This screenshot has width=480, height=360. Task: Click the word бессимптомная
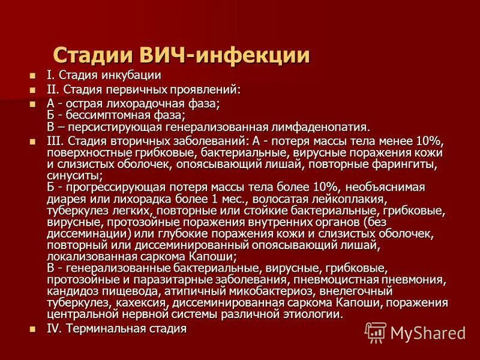[x=106, y=115]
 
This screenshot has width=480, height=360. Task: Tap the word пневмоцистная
[x=332, y=280]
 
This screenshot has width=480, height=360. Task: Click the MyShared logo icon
[x=376, y=332]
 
